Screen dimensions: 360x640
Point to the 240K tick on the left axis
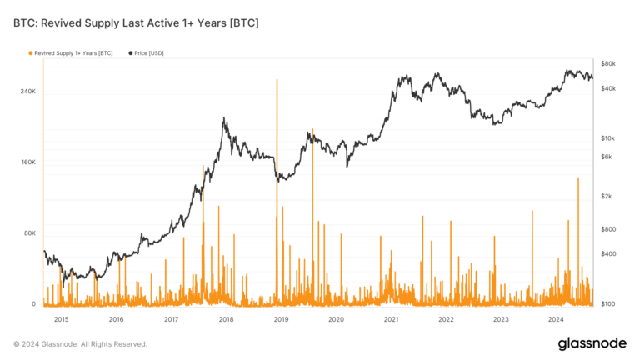click(27, 91)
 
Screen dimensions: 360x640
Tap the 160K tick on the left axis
click(27, 162)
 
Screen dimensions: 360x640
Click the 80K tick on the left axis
click(29, 232)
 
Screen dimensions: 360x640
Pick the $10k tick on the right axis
click(607, 137)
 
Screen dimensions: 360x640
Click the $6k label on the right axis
click(607, 156)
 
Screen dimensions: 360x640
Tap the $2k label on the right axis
click(607, 196)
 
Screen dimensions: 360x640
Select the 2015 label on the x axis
click(61, 318)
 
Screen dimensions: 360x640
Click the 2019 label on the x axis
click(281, 318)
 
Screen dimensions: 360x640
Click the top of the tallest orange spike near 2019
click(276, 80)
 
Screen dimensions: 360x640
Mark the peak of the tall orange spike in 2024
click(578, 177)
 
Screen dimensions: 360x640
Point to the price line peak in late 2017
click(224, 119)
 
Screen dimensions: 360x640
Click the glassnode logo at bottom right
click(592, 344)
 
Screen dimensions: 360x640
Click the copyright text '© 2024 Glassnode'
click(80, 343)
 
